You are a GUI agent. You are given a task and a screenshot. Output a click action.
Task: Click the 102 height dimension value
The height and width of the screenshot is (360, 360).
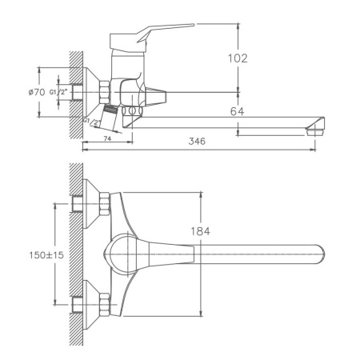(x=238, y=58)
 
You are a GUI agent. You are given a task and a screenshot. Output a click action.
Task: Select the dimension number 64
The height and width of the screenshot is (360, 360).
(x=238, y=111)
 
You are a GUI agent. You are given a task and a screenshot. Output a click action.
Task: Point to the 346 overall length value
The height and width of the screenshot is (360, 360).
(x=198, y=142)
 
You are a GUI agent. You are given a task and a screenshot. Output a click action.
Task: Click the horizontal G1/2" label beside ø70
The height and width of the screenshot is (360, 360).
(x=59, y=93)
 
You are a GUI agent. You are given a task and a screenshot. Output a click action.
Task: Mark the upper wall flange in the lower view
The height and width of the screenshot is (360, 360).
(x=102, y=204)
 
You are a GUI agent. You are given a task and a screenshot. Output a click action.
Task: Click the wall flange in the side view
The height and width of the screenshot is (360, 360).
(x=103, y=92)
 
